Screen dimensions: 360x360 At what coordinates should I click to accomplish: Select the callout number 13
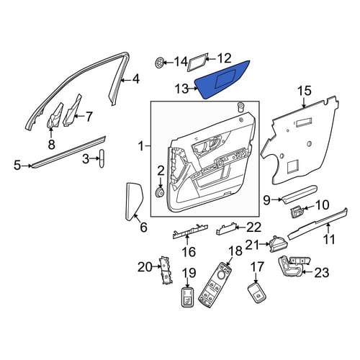point(182,89)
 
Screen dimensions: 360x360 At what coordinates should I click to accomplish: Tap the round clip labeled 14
point(159,63)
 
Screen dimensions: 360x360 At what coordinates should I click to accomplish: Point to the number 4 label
point(136,79)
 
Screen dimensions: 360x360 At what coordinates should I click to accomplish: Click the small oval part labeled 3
point(102,158)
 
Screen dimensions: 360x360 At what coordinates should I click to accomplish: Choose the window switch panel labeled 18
point(215,285)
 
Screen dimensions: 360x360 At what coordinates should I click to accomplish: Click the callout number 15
point(305,91)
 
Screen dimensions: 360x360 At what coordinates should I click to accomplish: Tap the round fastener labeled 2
point(159,193)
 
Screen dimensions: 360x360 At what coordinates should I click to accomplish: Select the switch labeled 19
point(187,297)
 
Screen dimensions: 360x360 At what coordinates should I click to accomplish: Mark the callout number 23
point(322,273)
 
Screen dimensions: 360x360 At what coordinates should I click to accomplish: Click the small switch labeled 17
point(256,293)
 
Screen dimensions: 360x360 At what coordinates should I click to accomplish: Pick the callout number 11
point(329,240)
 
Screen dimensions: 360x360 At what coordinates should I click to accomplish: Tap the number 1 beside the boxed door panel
point(142,146)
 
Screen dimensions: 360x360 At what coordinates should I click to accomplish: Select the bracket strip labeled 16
point(190,232)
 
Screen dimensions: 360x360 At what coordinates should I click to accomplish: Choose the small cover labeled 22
point(226,228)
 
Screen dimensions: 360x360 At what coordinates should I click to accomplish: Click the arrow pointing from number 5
point(27,166)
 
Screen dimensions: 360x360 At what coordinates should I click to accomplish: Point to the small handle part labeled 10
point(297,211)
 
